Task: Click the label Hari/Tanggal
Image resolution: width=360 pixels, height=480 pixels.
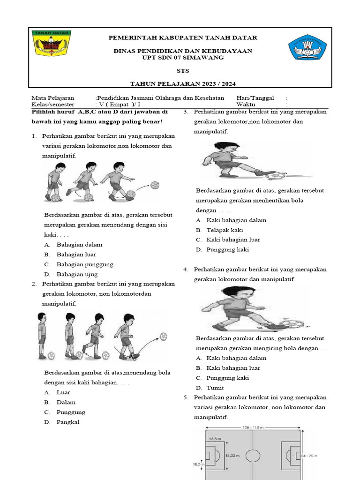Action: click(x=255, y=98)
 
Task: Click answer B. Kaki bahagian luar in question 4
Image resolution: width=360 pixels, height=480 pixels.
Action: click(x=228, y=368)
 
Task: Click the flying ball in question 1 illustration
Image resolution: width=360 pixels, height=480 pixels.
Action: click(x=154, y=185)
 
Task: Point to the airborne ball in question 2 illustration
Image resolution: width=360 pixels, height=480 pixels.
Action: click(x=163, y=336)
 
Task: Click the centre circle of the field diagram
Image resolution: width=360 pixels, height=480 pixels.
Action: click(x=253, y=455)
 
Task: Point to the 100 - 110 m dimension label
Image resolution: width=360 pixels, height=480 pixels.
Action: click(x=253, y=427)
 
